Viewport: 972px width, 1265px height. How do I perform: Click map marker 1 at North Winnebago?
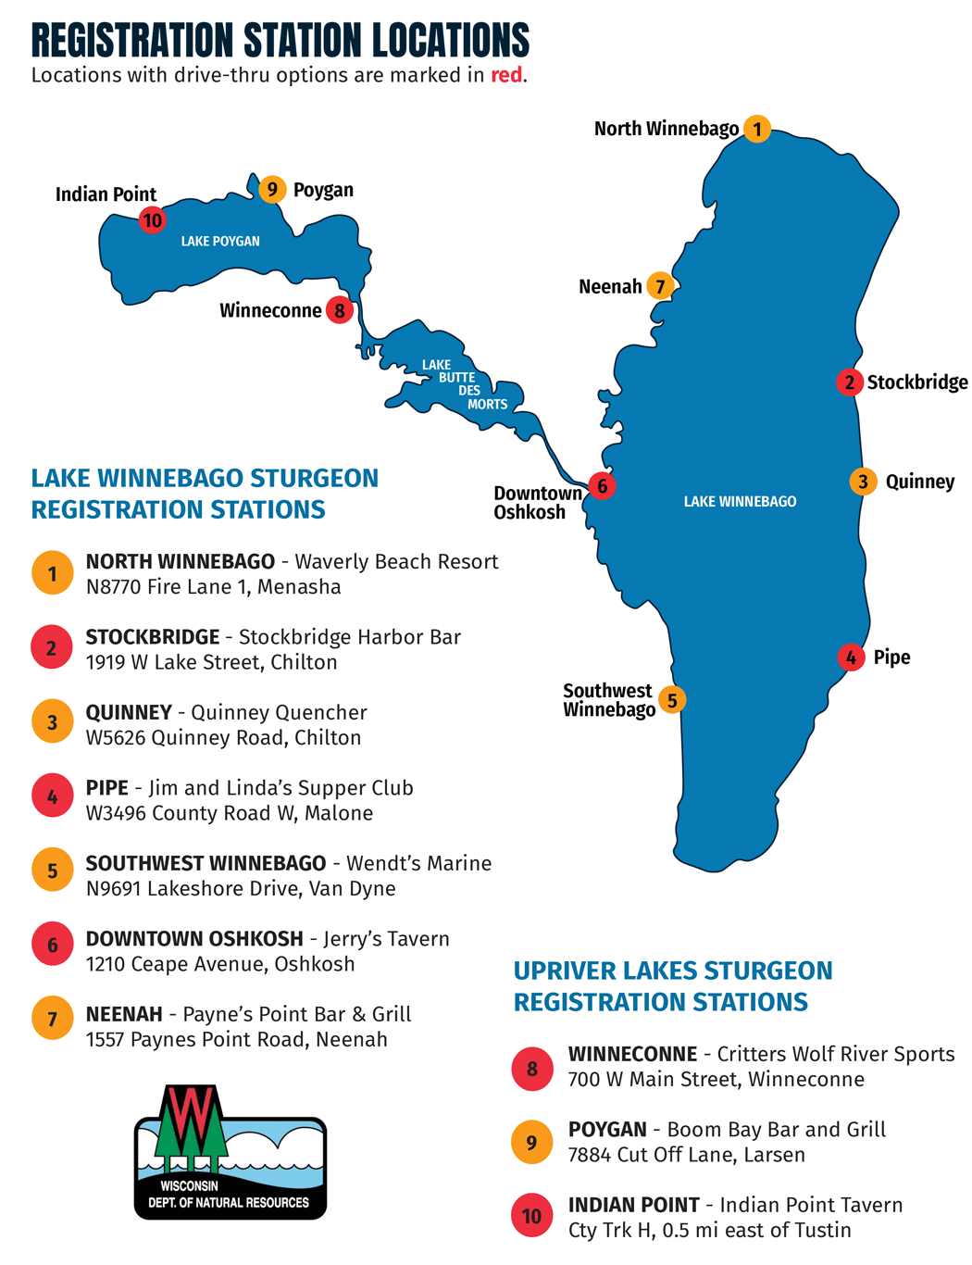click(x=757, y=129)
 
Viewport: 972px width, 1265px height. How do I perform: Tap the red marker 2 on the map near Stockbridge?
click(x=849, y=382)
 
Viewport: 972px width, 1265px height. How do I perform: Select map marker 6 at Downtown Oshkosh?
click(x=602, y=485)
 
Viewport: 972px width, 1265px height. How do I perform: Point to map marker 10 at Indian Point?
click(x=152, y=220)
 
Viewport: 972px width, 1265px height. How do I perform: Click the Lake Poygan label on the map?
click(x=220, y=241)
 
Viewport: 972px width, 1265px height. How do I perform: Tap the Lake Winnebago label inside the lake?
click(x=740, y=501)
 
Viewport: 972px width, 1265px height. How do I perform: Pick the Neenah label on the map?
click(x=610, y=286)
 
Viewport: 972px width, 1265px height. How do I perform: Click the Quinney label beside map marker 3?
click(x=919, y=482)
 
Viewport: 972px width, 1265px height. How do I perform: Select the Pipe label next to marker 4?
click(x=891, y=657)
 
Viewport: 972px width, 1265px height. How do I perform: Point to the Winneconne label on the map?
click(x=270, y=310)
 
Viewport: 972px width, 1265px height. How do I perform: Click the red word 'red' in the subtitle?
click(x=506, y=75)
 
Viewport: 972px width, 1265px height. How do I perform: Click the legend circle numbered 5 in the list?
click(x=53, y=870)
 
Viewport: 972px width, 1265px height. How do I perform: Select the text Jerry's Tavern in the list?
click(x=386, y=939)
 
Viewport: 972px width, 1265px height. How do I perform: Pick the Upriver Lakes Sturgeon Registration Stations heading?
click(x=673, y=986)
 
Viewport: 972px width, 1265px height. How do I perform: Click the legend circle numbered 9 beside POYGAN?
click(x=531, y=1142)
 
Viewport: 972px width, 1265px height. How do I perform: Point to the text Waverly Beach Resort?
click(x=396, y=562)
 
